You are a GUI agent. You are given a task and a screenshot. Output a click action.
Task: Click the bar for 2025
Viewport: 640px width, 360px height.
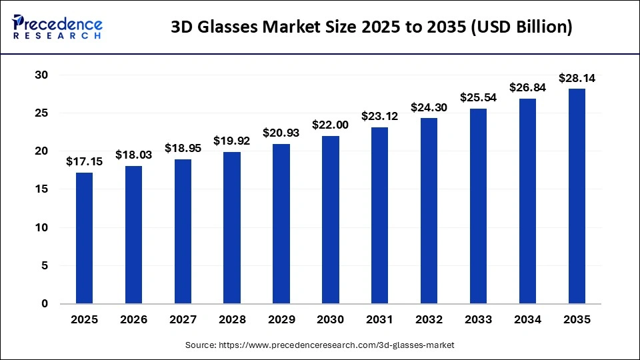84,238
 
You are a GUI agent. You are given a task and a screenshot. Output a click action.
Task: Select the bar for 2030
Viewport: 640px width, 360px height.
331,219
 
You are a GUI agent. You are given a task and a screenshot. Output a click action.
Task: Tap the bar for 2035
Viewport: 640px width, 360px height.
577,196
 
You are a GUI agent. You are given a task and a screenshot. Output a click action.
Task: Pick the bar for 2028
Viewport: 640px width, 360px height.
232,227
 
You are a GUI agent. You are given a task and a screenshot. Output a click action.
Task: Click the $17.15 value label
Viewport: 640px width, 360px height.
84,161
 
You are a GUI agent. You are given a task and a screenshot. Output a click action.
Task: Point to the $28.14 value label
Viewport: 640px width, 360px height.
577,77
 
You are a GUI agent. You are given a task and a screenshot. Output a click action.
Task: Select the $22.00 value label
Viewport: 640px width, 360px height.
331,125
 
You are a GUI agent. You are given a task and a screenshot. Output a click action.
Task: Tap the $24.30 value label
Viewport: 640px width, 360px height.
429,107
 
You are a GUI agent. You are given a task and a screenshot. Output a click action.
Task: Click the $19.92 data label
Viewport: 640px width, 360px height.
232,141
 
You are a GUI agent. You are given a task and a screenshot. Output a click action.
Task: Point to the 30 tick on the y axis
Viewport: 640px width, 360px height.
41,75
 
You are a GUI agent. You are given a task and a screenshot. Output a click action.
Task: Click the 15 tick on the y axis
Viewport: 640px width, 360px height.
41,189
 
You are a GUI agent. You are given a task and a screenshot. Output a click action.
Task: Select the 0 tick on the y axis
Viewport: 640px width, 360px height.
45,303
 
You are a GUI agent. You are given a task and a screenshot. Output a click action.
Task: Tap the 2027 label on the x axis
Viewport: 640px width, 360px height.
183,320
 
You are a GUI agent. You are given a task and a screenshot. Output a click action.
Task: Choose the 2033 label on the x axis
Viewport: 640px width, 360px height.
478,320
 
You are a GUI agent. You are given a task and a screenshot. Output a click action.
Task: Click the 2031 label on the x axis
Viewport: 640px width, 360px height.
380,320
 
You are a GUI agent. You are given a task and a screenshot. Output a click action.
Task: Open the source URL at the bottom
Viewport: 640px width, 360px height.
320,345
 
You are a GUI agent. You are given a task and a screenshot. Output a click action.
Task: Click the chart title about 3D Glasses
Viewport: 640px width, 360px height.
371,27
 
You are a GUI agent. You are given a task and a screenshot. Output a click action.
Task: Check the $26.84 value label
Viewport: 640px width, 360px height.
527,87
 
